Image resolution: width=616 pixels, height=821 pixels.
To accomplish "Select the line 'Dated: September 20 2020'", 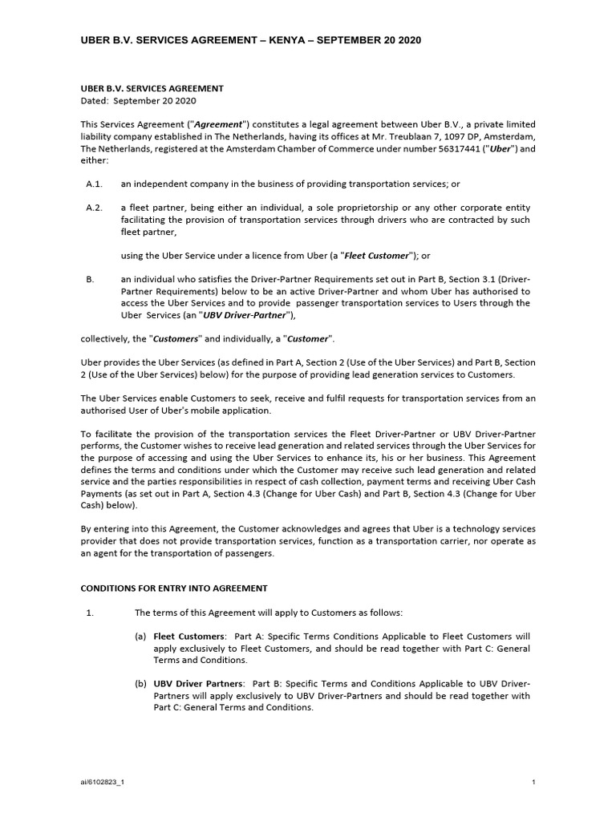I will coord(139,101).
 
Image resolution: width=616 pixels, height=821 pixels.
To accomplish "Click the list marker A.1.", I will coord(95,184).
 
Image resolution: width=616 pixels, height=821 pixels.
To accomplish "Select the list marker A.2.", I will coord(95,208).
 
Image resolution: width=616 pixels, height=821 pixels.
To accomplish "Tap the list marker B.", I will coord(90,279).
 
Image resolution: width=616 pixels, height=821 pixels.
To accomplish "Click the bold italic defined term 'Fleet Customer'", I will coord(375,256).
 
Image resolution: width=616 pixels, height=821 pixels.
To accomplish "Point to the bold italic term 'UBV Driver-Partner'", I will coord(245,315).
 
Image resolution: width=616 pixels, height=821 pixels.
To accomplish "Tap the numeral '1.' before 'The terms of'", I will coord(90,613).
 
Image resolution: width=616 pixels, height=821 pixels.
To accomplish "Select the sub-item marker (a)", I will coord(140,637).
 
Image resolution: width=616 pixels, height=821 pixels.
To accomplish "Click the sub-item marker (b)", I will coord(140,684).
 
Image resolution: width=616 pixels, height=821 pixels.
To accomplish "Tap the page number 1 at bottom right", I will coord(533,781).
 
